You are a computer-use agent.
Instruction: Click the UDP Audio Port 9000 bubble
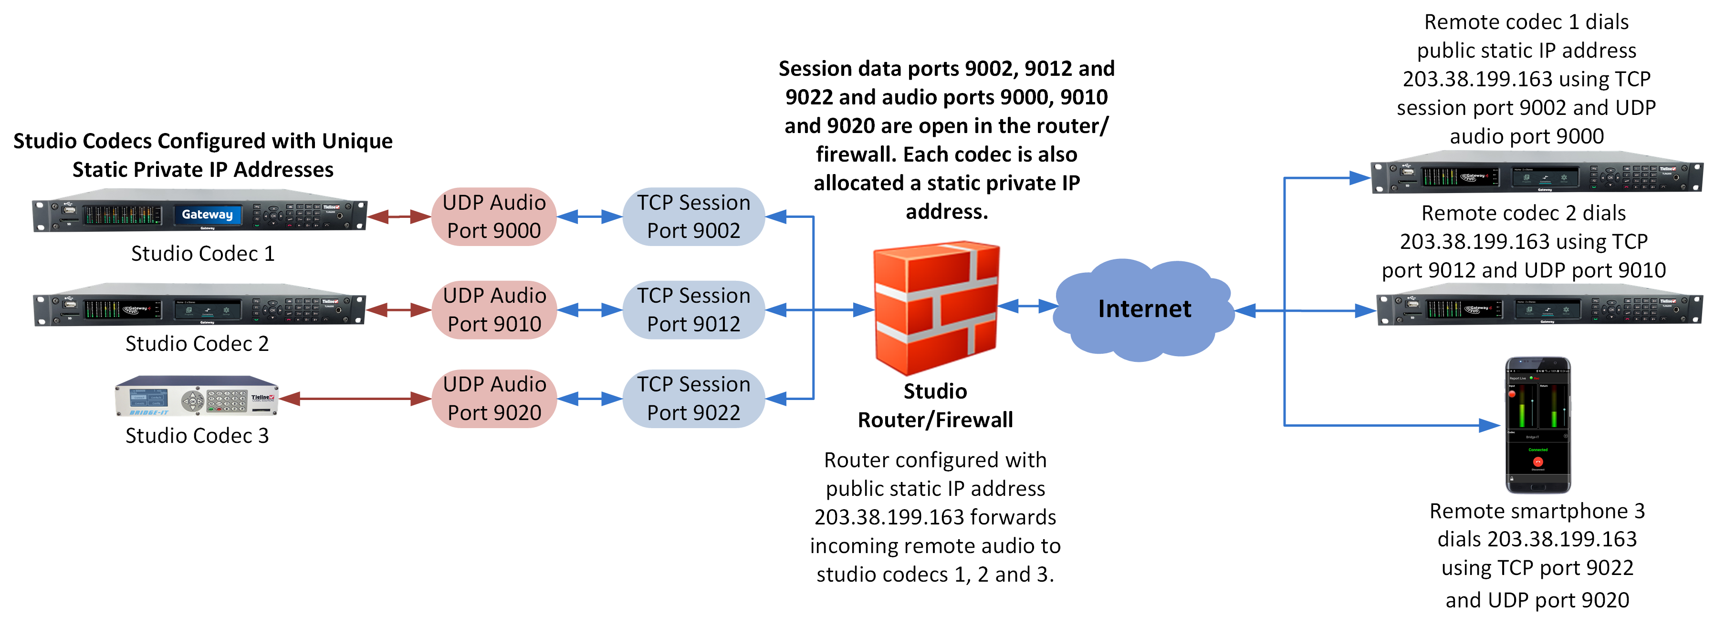pos(493,216)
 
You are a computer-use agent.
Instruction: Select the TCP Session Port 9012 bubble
pos(693,309)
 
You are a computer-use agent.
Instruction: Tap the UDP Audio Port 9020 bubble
pos(493,399)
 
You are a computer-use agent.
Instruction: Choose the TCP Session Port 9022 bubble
pos(693,399)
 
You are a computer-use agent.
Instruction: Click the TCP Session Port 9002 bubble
pos(693,216)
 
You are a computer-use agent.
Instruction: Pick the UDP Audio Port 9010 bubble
pos(493,309)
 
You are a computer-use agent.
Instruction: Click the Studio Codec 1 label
pos(202,254)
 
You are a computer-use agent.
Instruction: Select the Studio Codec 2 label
pos(197,343)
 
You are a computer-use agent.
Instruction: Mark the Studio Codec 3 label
pos(197,435)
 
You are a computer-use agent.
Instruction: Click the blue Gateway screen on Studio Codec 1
pos(207,214)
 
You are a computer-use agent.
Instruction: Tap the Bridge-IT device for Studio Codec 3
pos(197,397)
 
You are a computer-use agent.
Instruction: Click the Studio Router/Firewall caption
pos(935,405)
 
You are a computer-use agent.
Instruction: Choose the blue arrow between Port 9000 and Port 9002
pos(589,216)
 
